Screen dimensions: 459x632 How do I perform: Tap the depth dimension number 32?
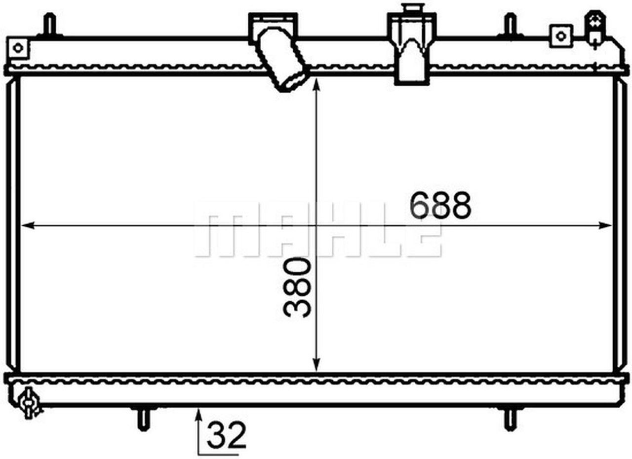(226, 435)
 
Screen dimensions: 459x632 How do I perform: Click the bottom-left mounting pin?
(143, 419)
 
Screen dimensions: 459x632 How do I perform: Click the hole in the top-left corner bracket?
(18, 48)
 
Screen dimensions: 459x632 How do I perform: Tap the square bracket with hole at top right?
(561, 35)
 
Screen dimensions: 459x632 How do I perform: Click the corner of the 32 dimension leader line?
(199, 453)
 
